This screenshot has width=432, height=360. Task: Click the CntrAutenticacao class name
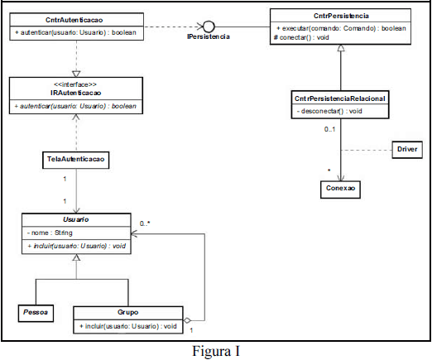coord(74,20)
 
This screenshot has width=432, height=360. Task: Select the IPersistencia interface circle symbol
coord(209,26)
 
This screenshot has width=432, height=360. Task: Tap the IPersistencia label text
coord(209,36)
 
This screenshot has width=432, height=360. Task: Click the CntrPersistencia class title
coord(341,16)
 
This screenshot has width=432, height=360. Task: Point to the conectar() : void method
coord(301,37)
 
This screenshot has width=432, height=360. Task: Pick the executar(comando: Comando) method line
coord(341,28)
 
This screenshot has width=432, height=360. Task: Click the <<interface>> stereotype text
coord(75,84)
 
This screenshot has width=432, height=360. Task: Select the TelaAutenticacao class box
coord(75,160)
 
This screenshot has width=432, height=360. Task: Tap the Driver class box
coord(407,150)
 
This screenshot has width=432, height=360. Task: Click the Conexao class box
coord(340,190)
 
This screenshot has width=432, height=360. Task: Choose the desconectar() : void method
coord(329,111)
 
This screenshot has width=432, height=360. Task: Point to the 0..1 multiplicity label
coord(329,129)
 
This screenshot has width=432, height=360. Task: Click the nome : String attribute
coord(50,233)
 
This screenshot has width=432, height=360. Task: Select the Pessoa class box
coord(36,313)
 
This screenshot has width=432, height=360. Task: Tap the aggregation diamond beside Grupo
coord(187,320)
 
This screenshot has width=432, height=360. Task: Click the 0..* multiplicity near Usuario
coord(145,223)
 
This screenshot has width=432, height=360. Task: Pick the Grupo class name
coord(128,312)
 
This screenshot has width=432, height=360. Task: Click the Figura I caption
coord(216,351)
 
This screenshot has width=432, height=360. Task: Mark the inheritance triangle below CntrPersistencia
coord(341,48)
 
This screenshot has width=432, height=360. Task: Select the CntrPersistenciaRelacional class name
coord(340,98)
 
